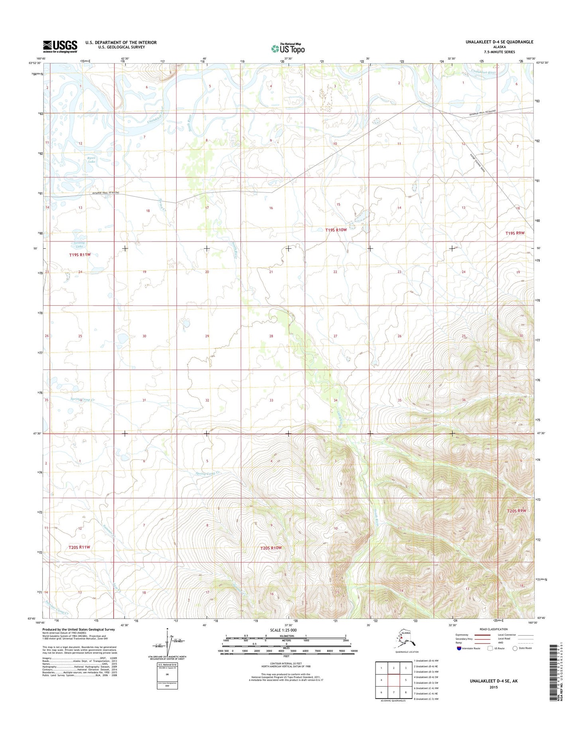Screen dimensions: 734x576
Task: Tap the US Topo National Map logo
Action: [288, 48]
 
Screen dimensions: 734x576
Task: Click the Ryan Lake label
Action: [92, 160]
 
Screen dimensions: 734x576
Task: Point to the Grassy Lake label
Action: [79, 244]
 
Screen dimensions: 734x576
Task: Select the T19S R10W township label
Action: [336, 230]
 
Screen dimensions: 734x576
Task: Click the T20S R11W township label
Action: [79, 547]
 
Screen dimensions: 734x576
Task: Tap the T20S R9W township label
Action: [517, 510]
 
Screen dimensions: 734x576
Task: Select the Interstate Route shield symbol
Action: [460, 648]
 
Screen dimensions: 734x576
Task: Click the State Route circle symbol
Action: [515, 648]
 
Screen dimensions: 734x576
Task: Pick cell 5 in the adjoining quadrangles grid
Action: [405, 680]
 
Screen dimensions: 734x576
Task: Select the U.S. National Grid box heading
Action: [167, 665]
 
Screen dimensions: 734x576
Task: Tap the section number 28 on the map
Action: [271, 336]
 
